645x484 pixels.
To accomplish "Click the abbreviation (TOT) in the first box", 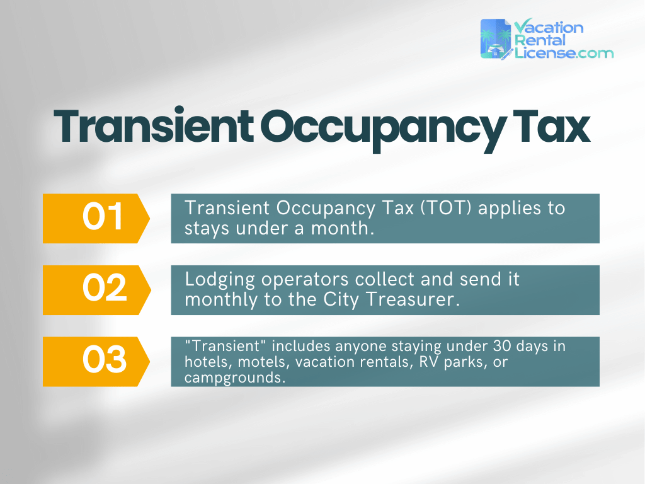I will click(x=444, y=209).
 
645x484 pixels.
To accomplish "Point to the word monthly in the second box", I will click(x=224, y=300).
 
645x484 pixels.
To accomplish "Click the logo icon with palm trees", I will click(x=496, y=39).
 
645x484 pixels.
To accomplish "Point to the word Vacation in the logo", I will click(x=549, y=28).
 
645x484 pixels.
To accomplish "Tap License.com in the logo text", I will click(x=564, y=53).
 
